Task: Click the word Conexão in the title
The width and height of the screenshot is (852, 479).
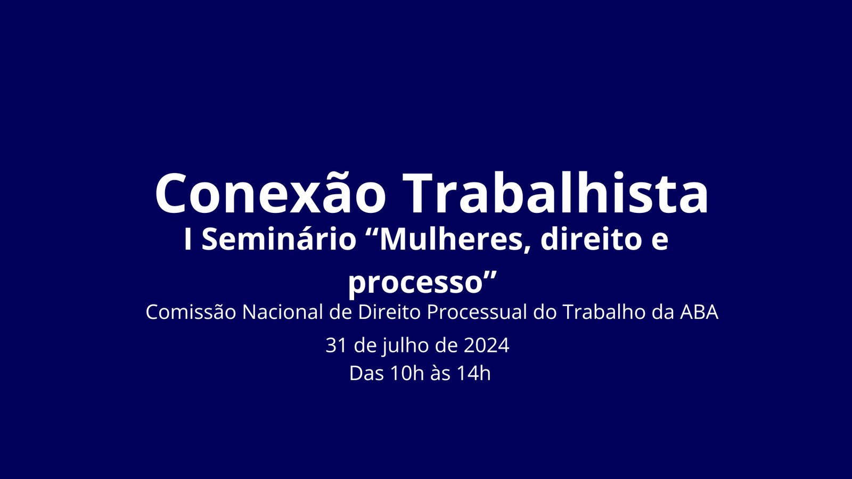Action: tap(271, 193)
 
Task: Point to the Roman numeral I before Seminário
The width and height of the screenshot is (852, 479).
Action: tap(187, 240)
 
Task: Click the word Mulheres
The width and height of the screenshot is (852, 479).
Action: tap(450, 241)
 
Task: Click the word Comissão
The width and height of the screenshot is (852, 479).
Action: tap(191, 312)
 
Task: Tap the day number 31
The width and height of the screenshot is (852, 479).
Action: tap(336, 345)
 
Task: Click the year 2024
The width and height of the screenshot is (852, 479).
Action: tap(487, 345)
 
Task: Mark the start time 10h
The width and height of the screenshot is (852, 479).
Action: tap(407, 373)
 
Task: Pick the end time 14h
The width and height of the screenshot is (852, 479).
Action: tap(474, 373)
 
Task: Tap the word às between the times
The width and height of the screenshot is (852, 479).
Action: tap(440, 373)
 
